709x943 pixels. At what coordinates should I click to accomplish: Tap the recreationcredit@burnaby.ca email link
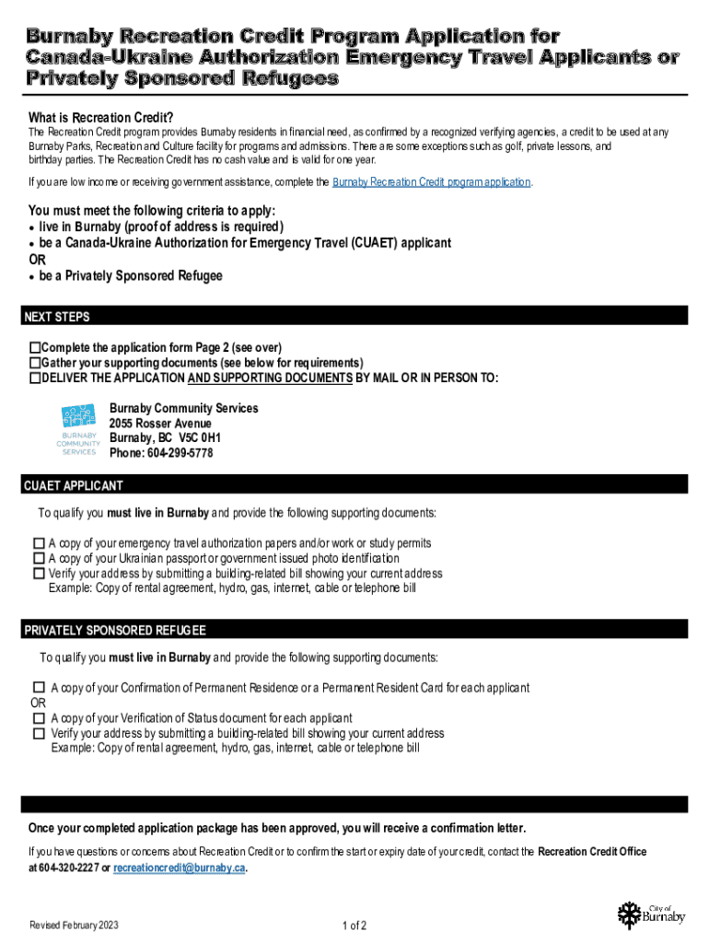point(179,868)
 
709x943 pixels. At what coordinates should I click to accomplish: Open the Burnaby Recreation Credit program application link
point(431,182)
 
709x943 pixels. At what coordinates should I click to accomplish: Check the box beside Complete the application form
point(35,348)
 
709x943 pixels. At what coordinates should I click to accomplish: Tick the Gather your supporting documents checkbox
point(35,363)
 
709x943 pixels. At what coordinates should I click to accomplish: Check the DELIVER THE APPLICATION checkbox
point(35,378)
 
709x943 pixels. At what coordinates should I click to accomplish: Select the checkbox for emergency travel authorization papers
point(39,543)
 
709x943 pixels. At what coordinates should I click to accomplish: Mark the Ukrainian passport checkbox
point(39,558)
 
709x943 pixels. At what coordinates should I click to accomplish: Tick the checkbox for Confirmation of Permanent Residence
point(39,688)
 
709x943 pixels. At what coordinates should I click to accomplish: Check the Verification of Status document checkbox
point(39,718)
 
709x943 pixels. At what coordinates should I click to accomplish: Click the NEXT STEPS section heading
point(57,317)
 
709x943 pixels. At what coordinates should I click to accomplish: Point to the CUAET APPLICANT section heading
point(74,485)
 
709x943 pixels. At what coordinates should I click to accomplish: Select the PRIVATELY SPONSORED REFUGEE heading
point(115,631)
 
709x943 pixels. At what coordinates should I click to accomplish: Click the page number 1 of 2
point(354,926)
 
